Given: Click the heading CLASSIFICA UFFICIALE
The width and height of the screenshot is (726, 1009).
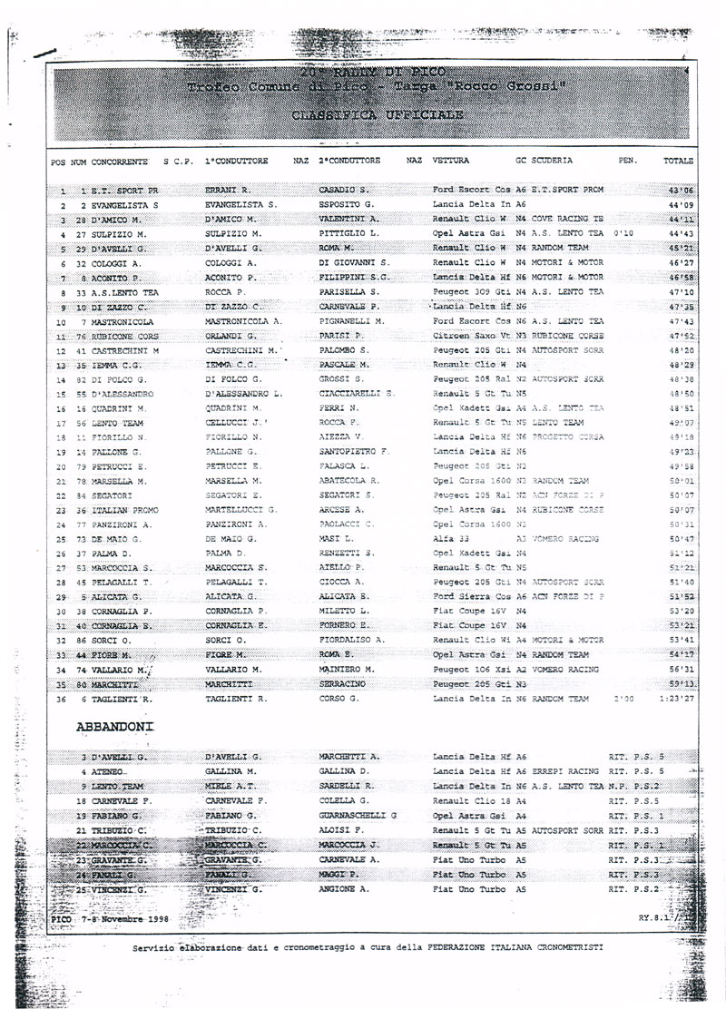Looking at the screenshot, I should pyautogui.click(x=377, y=115).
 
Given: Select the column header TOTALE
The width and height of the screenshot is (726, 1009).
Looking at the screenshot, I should pyautogui.click(x=678, y=161).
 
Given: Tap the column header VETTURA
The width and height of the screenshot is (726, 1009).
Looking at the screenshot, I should pyautogui.click(x=450, y=161).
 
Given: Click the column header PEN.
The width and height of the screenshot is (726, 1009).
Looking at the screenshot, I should pyautogui.click(x=628, y=161).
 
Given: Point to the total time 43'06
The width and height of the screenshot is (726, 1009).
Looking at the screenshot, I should pyautogui.click(x=680, y=191).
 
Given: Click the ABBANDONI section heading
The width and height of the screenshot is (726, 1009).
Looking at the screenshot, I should pyautogui.click(x=115, y=727).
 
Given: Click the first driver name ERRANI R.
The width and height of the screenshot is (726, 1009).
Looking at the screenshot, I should pyautogui.click(x=231, y=191).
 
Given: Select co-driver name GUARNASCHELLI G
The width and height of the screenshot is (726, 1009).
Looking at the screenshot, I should pyautogui.click(x=358, y=816).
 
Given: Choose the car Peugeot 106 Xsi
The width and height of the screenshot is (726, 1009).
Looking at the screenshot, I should pyautogui.click(x=472, y=670).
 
